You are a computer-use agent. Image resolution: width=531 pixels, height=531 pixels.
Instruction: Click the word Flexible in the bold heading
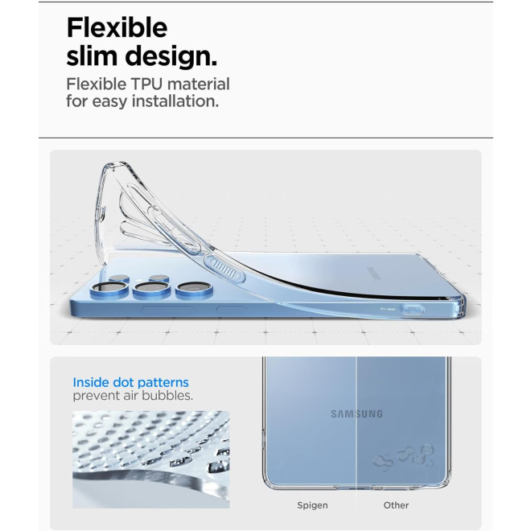tap(117, 27)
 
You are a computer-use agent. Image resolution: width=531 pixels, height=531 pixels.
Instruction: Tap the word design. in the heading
tap(171, 56)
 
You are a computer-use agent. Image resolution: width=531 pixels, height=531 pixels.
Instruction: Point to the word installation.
tap(175, 101)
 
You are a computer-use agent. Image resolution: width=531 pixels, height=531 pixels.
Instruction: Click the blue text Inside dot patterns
tap(130, 382)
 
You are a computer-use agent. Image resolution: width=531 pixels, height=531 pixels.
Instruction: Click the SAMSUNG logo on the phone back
tap(356, 414)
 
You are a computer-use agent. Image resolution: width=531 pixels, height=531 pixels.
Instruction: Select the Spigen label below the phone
tap(312, 505)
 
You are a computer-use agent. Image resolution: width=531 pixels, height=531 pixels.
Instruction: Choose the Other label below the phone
tap(396, 505)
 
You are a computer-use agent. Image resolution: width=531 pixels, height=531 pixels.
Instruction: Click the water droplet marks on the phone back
tap(404, 456)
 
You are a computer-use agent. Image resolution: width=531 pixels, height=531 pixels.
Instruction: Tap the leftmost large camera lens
tap(109, 290)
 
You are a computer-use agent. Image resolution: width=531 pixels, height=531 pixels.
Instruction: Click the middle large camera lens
tap(152, 290)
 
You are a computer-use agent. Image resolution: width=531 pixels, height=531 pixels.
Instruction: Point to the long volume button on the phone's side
tap(167, 310)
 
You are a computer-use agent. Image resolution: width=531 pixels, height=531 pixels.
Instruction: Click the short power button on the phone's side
tap(230, 310)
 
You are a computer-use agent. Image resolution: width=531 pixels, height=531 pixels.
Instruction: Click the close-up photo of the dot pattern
tap(151, 459)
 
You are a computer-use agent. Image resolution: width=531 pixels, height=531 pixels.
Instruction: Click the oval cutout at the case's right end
tap(412, 310)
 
